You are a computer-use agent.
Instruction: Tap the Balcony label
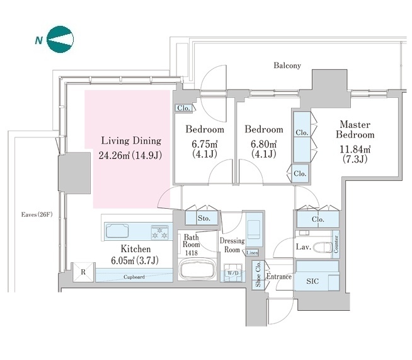[287, 65]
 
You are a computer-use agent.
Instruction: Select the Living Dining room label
[131, 141]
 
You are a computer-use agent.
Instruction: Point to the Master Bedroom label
[355, 129]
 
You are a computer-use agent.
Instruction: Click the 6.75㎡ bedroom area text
[204, 144]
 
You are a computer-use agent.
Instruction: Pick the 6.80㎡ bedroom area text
[263, 144]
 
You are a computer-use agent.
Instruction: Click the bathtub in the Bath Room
[197, 270]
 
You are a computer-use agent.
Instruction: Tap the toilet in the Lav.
[323, 247]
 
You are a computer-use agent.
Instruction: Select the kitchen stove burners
[159, 233]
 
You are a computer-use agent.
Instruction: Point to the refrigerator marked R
[83, 272]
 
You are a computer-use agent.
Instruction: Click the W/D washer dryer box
[232, 273]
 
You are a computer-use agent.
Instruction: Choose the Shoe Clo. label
[258, 274]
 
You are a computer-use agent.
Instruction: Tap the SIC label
[312, 281]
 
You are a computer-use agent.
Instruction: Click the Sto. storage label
[204, 218]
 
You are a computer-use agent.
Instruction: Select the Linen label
[252, 253]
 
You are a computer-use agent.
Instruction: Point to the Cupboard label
[134, 277]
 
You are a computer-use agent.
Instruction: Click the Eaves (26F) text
[37, 214]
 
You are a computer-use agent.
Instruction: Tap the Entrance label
[279, 277]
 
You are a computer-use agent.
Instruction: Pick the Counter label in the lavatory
[336, 244]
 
